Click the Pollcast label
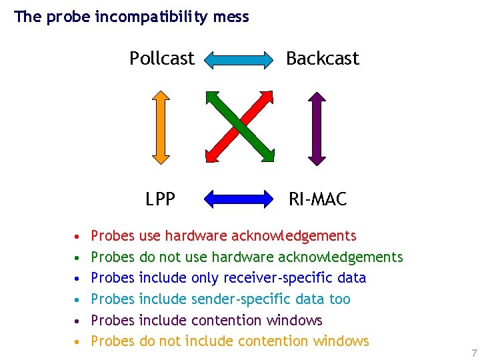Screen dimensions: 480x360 pyautogui.click(x=162, y=59)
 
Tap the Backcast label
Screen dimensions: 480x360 pyautogui.click(x=323, y=59)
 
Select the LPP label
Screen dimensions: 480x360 pyautogui.click(x=161, y=199)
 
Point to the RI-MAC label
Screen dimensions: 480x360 pyautogui.click(x=317, y=199)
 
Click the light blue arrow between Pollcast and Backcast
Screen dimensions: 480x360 pyautogui.click(x=239, y=60)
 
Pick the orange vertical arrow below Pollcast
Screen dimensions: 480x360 pyautogui.click(x=161, y=127)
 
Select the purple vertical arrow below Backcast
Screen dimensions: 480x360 pyautogui.click(x=317, y=127)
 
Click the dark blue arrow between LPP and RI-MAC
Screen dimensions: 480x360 pyautogui.click(x=239, y=199)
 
